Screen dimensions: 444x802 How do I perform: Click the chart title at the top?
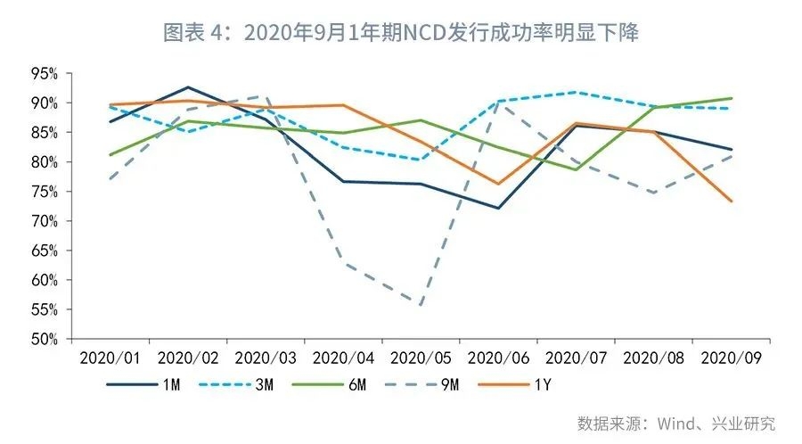[x=401, y=33]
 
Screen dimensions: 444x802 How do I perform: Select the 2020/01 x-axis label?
[x=110, y=358]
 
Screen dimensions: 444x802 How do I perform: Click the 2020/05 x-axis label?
[x=421, y=358]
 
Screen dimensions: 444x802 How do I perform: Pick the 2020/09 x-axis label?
[x=732, y=358]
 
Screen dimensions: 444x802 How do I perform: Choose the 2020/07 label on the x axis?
[x=577, y=358]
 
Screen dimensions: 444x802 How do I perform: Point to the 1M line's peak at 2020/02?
[x=188, y=87]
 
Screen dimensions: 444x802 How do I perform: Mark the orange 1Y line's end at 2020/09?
[x=732, y=201]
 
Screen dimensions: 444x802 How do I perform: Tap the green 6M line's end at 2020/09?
[x=732, y=98]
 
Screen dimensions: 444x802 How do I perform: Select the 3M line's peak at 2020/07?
[x=577, y=92]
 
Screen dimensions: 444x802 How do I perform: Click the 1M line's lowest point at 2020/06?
[x=498, y=208]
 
